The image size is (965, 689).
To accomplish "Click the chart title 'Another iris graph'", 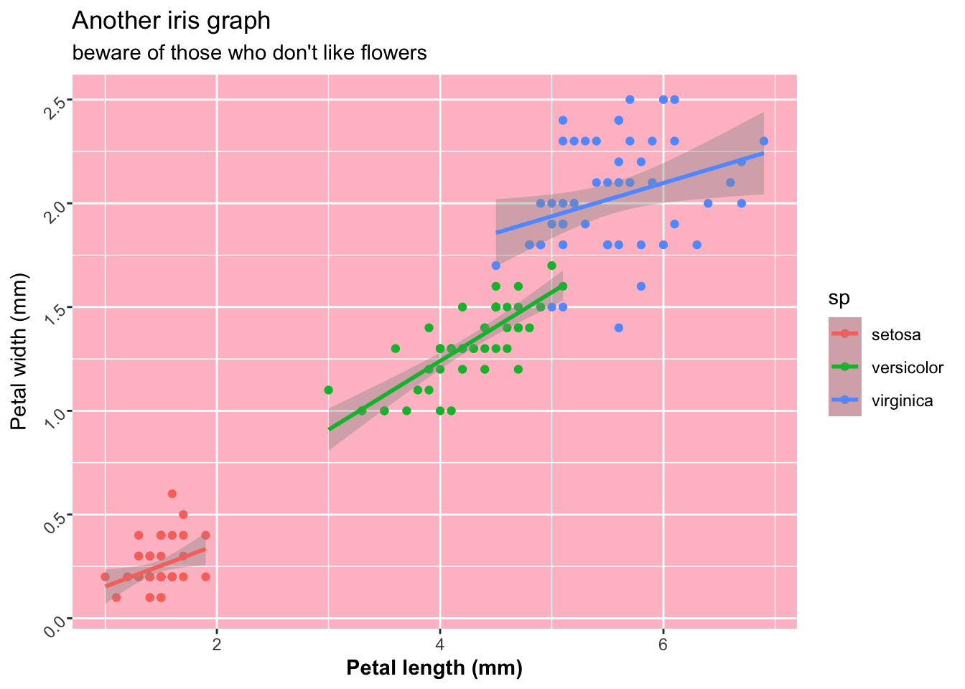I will (x=171, y=22).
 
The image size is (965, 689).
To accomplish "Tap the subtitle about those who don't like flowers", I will (x=249, y=52).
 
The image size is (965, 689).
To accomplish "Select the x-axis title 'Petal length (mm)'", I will (x=434, y=668).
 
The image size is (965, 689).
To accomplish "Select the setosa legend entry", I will (x=895, y=334).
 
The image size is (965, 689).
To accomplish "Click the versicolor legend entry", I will (x=907, y=368).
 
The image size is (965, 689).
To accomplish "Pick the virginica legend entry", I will (x=902, y=401).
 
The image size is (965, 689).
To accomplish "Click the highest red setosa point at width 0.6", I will (x=172, y=494).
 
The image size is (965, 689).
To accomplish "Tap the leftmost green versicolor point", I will (x=328, y=390).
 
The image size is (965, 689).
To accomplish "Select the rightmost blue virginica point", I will (x=763, y=141).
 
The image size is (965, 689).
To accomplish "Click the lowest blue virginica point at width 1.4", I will (x=618, y=328).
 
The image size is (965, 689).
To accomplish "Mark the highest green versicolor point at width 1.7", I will (x=551, y=266).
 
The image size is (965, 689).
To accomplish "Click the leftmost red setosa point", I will (x=105, y=577).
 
